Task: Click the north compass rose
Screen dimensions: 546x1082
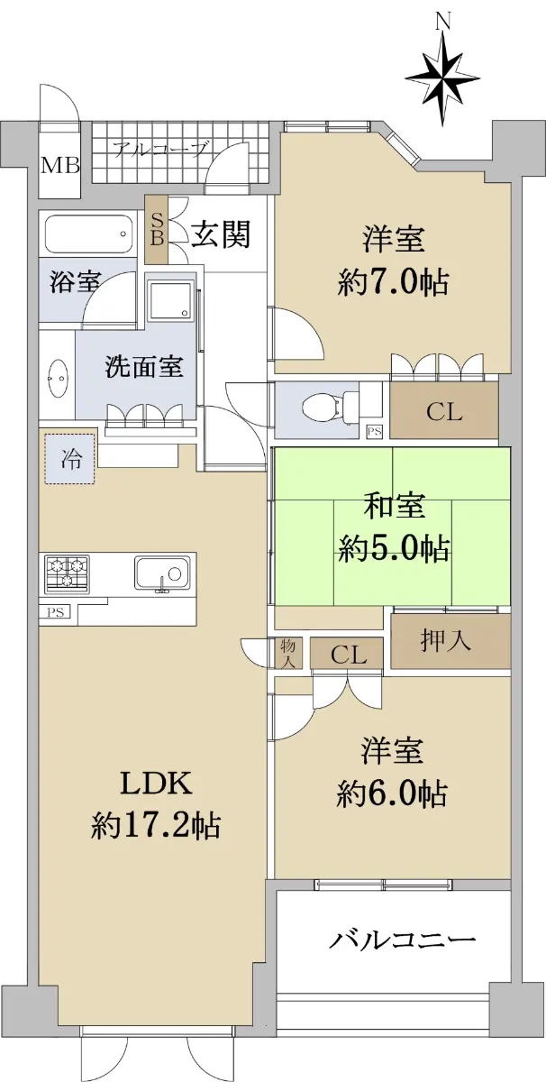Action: (442, 78)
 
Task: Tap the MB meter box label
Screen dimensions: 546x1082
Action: (59, 166)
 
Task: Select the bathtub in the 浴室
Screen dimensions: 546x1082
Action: (90, 234)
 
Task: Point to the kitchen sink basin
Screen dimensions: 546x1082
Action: (162, 573)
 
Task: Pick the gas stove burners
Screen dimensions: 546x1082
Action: (67, 573)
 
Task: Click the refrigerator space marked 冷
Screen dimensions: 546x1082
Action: (70, 459)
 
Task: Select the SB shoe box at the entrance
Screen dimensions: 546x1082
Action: (156, 230)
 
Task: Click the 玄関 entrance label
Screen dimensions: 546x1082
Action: (221, 234)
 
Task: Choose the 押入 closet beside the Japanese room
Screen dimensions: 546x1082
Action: (450, 641)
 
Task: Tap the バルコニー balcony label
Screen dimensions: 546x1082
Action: (402, 940)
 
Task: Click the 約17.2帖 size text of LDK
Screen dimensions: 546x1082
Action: (156, 826)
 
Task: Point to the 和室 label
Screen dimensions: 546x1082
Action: (395, 506)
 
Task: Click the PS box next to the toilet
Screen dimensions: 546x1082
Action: (375, 431)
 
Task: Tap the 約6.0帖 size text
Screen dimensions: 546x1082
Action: (392, 795)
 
